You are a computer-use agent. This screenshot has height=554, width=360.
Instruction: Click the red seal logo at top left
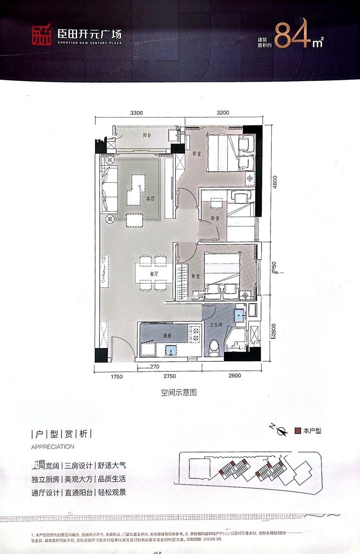tap(42, 36)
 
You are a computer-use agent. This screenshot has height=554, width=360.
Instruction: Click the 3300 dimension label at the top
tap(136, 113)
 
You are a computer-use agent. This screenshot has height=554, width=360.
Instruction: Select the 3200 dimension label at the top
tap(223, 113)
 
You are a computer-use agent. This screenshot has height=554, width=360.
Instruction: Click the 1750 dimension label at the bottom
tap(117, 376)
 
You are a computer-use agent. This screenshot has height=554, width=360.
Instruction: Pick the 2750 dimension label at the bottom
tap(169, 376)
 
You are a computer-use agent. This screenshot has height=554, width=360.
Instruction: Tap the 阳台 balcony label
tap(147, 135)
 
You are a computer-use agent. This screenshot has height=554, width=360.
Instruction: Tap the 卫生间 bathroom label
tap(216, 324)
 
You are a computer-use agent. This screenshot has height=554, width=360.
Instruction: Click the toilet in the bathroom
tap(214, 348)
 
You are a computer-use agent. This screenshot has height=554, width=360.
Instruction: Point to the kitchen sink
tap(171, 350)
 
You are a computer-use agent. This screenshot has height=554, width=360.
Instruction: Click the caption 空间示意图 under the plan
tap(179, 393)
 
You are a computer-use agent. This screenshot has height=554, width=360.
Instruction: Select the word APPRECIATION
tap(52, 446)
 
